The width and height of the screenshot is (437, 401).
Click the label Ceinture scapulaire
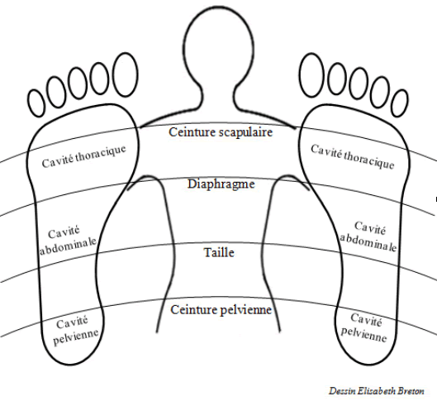tap(220, 130)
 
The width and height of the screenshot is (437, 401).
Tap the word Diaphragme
tap(220, 184)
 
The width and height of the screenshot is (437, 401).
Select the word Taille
tap(219, 252)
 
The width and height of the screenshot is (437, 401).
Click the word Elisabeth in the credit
tap(379, 388)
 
